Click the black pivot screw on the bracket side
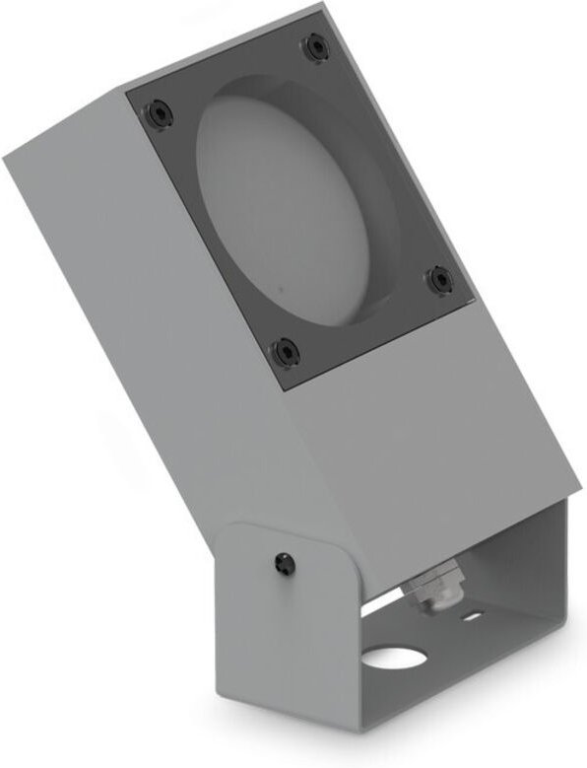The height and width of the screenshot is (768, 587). (285, 562)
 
